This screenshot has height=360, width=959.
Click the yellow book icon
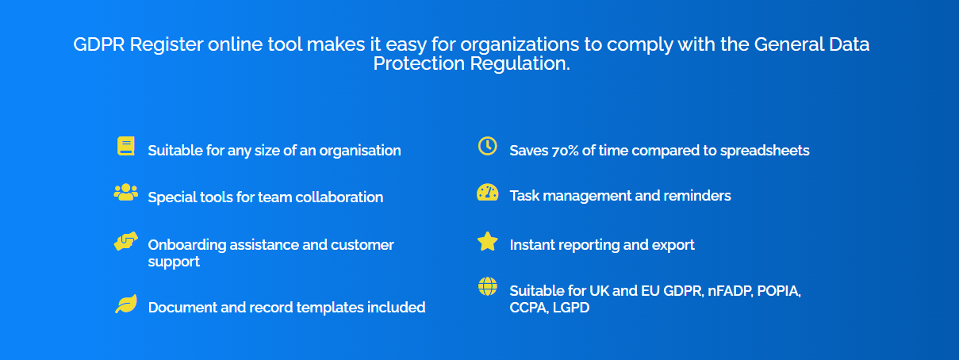(125, 146)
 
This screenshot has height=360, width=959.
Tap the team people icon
(125, 192)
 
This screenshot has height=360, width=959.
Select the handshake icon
(125, 242)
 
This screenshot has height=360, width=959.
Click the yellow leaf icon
(125, 304)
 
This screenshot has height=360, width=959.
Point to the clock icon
(487, 146)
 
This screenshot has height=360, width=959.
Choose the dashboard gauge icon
(487, 193)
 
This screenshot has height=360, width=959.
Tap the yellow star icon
(487, 242)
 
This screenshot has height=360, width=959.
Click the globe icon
(487, 286)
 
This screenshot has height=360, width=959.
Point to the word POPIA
(778, 291)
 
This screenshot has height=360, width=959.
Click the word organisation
(360, 150)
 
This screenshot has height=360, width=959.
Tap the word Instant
(533, 245)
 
